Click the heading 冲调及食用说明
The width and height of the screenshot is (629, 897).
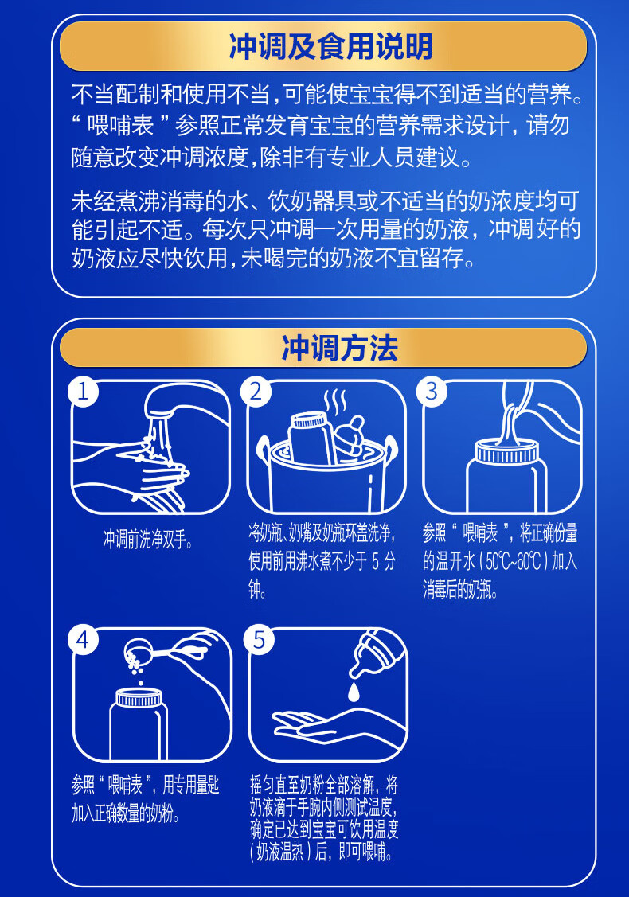330,46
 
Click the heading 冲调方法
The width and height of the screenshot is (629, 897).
339,348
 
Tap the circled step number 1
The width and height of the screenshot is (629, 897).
84,392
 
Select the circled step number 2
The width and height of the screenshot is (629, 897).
256,392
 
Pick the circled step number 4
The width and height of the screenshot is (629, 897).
84,640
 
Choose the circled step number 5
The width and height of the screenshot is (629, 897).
259,640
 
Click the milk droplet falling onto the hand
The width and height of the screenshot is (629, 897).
354,690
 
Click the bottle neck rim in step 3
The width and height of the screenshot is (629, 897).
506,453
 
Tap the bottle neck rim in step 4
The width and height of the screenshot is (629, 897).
139,699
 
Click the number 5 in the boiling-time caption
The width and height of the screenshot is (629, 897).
376,561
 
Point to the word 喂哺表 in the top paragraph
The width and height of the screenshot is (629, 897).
121,126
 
